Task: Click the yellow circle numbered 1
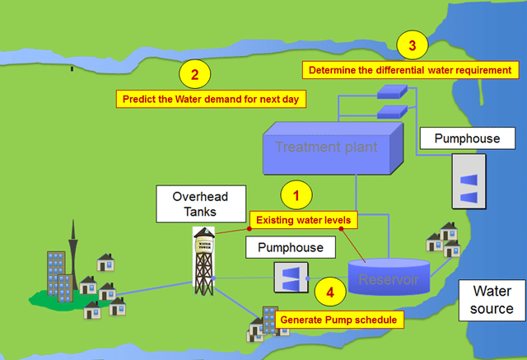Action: pyautogui.click(x=297, y=195)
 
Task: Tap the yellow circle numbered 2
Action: pyautogui.click(x=194, y=75)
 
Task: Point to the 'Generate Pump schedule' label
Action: pyautogui.click(x=339, y=319)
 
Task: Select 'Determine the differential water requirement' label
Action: pyautogui.click(x=410, y=70)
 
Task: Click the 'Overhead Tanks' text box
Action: pyautogui.click(x=199, y=204)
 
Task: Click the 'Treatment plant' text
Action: pyautogui.click(x=326, y=147)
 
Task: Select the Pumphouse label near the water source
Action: pyautogui.click(x=466, y=138)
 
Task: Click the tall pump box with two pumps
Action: pyautogui.click(x=467, y=187)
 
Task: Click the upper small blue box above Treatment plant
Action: pyautogui.click(x=387, y=94)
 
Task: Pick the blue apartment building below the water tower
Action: pyautogui.click(x=269, y=321)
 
